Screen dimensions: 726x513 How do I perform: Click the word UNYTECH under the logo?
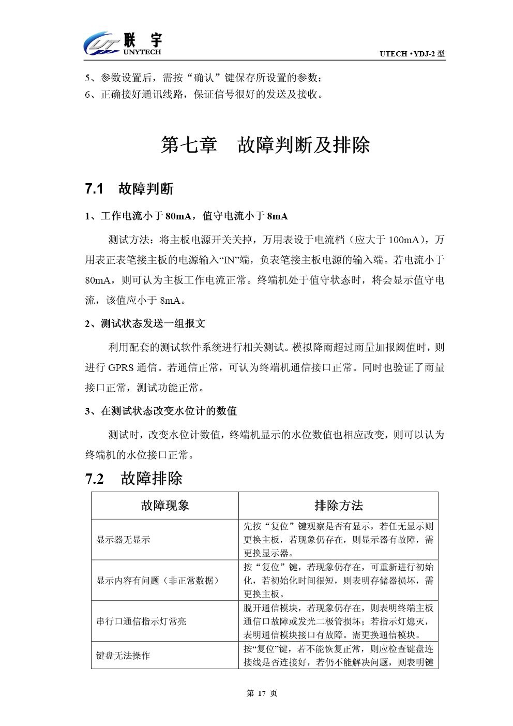(142, 52)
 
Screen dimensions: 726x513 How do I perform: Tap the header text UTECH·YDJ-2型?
(412, 54)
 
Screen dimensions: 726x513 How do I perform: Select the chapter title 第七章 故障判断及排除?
(265, 145)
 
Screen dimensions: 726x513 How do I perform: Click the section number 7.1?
(95, 189)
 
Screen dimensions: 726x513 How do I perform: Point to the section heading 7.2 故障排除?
(134, 478)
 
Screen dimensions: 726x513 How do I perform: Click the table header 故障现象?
(165, 506)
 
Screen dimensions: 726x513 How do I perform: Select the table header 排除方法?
(338, 506)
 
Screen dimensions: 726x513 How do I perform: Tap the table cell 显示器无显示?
(123, 540)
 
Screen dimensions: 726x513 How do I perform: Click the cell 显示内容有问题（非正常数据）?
(157, 581)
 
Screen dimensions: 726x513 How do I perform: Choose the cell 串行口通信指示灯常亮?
(141, 621)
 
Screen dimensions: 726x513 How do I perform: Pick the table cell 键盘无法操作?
(123, 656)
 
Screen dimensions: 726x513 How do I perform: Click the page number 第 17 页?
(262, 693)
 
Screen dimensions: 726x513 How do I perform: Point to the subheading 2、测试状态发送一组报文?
(145, 324)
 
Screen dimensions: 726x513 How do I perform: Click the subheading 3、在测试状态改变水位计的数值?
(161, 411)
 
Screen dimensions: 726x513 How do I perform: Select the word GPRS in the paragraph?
(120, 368)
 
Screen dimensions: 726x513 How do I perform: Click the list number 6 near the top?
(88, 95)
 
